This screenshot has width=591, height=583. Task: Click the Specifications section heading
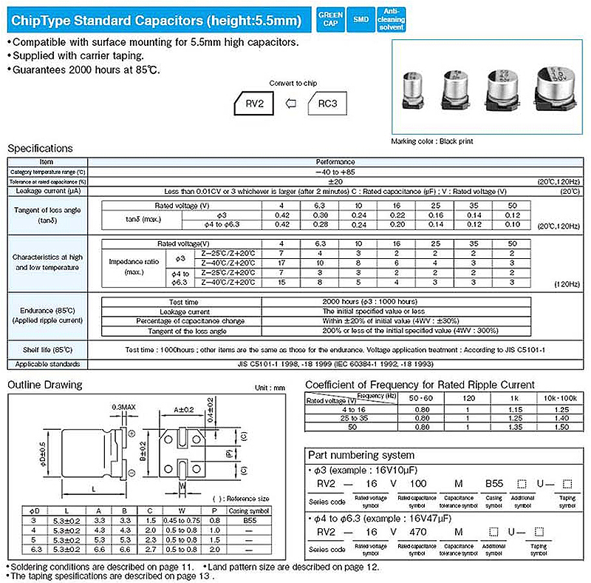[x=40, y=149]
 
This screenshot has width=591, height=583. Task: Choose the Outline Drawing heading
[x=45, y=385]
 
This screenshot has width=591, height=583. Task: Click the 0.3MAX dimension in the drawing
[x=123, y=408]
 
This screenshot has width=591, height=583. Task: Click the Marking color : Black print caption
[x=432, y=141]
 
